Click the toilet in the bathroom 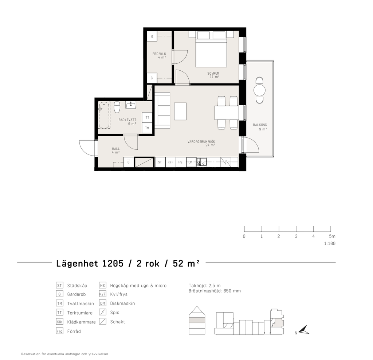click(117, 107)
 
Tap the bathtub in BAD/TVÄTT click(104, 115)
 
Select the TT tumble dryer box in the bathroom click(147, 118)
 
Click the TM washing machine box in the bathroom click(147, 128)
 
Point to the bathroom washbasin click(131, 105)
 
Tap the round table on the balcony click(259, 90)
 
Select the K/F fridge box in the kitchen click(170, 162)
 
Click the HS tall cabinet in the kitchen click(181, 162)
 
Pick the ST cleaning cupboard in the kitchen click(160, 162)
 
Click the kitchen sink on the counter click(202, 162)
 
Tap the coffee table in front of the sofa click(180, 111)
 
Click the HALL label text click(116, 149)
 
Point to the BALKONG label click(260, 125)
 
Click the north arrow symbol click(304, 330)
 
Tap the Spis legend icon click(102, 312)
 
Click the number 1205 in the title click(113, 264)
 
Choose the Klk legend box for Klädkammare click(59, 322)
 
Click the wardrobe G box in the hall click(129, 162)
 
